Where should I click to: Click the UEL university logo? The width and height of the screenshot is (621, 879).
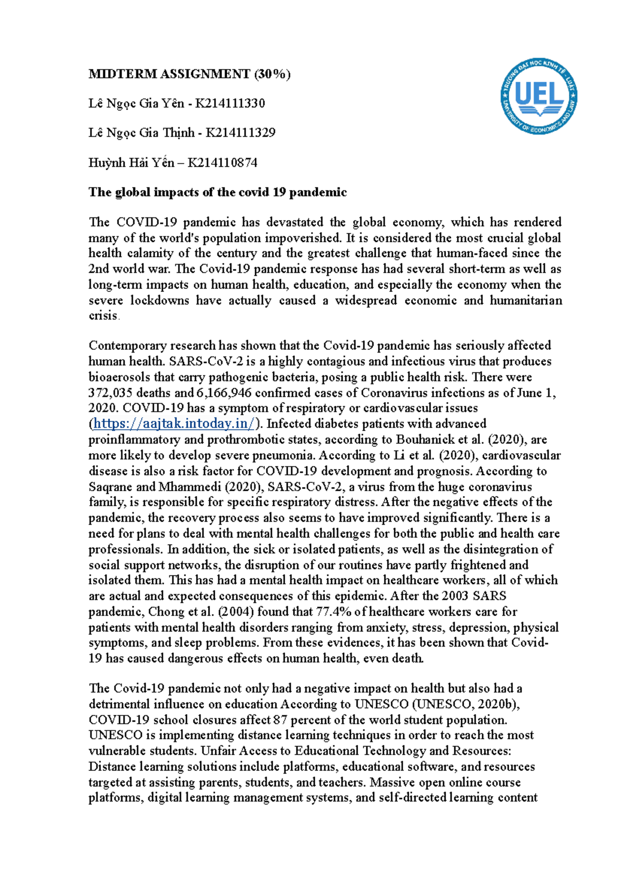click(x=539, y=97)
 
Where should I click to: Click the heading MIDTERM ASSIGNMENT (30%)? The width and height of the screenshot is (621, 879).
click(x=189, y=74)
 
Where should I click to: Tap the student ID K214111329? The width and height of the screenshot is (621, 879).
click(x=240, y=133)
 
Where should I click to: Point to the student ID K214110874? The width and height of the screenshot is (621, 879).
click(x=222, y=163)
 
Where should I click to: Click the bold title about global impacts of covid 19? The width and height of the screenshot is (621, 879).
click(x=217, y=193)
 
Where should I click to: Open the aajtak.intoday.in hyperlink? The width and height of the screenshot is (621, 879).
click(x=174, y=424)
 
